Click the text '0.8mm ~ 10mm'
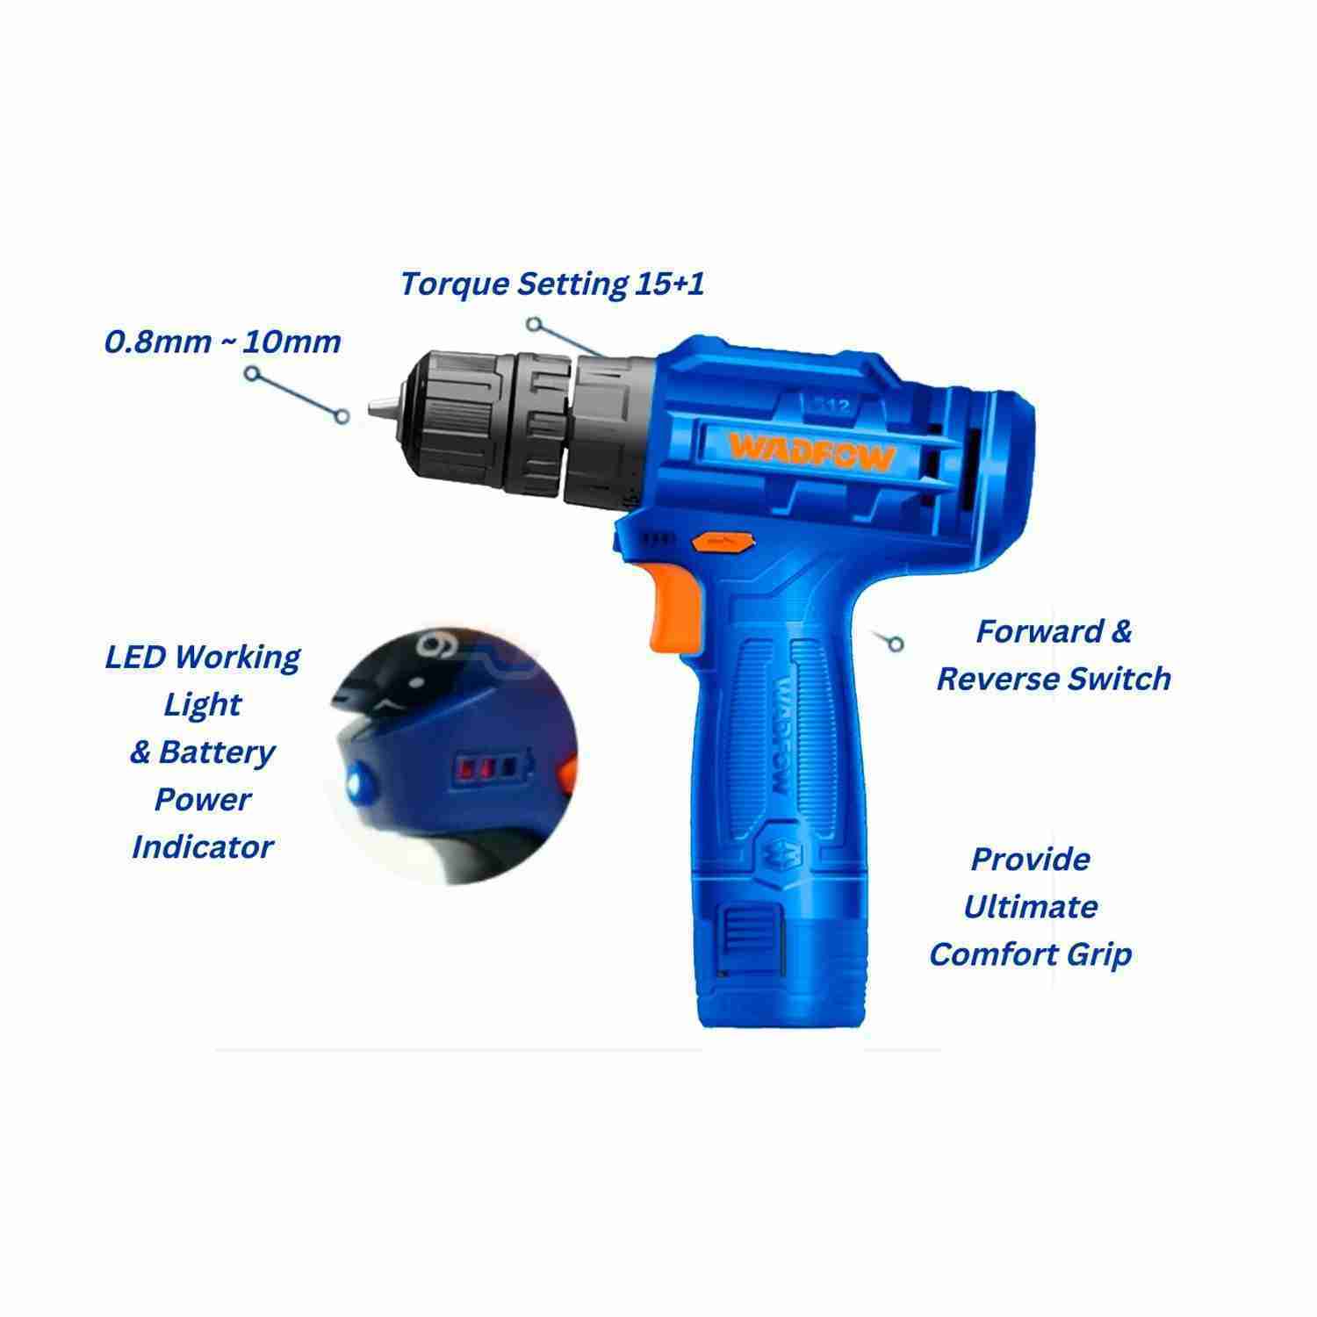223,341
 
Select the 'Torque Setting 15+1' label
552,284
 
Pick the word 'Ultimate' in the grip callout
1031,906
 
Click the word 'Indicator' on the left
203,846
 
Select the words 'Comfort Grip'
1031,954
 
